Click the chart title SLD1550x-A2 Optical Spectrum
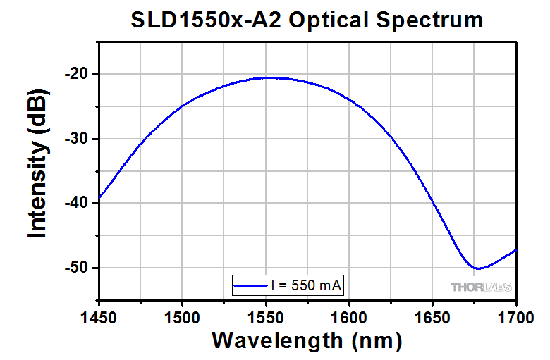[x=307, y=20]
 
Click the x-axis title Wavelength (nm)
[x=307, y=340]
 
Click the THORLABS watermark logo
[x=481, y=287]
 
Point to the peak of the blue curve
[x=268, y=77]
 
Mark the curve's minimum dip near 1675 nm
[x=477, y=268]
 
